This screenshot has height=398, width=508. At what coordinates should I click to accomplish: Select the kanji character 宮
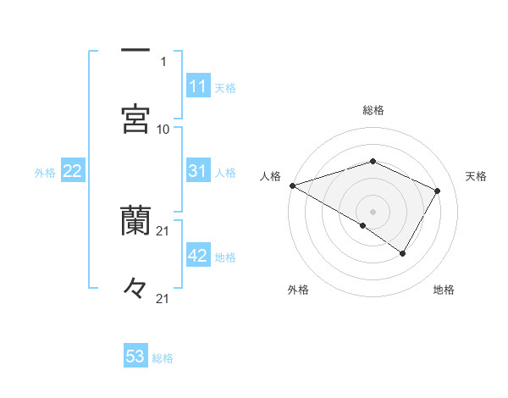pos(135,119)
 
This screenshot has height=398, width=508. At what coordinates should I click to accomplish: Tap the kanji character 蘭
pos(135,220)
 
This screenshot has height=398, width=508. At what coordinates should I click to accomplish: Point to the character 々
pos(135,288)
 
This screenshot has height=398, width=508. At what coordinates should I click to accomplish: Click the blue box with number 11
pos(198,86)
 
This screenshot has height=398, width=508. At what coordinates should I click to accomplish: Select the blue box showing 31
pos(198,172)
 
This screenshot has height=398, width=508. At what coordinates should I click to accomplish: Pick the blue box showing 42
pos(198,257)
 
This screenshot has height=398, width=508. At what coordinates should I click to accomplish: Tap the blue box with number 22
pos(73,172)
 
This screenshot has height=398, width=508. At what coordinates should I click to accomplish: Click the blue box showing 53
pos(135,357)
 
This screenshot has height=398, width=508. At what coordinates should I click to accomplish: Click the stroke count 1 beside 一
pos(163,61)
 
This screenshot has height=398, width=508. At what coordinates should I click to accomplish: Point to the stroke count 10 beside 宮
pos(163,129)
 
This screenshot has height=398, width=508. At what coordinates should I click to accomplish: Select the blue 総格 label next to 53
pos(163,358)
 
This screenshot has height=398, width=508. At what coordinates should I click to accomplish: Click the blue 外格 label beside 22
pos(45,173)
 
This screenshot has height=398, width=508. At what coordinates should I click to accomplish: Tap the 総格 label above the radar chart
pos(373,110)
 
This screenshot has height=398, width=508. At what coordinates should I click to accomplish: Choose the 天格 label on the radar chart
pos(477,176)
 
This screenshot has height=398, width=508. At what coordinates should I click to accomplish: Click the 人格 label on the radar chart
pos(270,176)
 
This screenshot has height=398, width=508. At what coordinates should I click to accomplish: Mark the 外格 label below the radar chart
pos(298,290)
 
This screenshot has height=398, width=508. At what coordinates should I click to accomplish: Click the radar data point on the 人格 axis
pos(292,185)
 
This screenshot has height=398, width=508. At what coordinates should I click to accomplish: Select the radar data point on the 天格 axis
pos(438,191)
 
